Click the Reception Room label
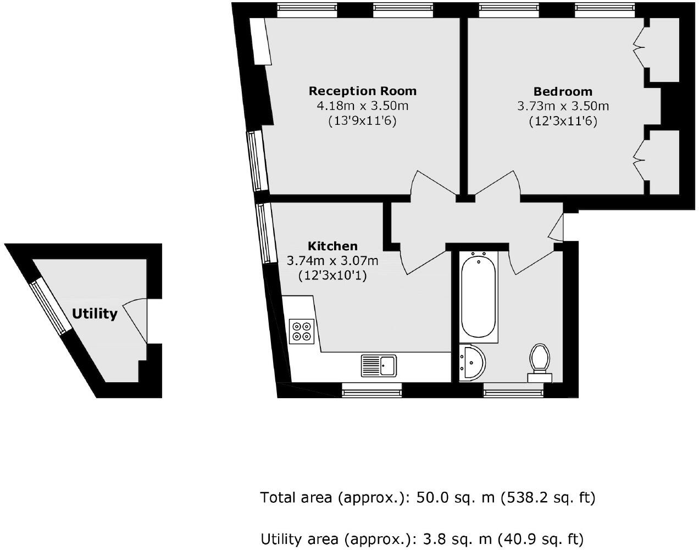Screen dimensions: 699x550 [363, 91]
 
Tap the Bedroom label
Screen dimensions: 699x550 [563, 92]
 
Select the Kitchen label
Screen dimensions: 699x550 [332, 246]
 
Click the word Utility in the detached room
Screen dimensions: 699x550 [95, 314]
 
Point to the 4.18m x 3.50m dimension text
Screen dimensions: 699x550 [363, 106]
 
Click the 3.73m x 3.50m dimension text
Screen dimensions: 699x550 [563, 106]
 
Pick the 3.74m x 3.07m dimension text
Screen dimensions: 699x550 [332, 261]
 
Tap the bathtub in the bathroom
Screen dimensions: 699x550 [479, 296]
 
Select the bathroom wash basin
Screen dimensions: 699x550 [472, 363]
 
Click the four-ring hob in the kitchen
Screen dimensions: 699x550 [302, 331]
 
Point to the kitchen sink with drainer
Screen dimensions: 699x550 [379, 366]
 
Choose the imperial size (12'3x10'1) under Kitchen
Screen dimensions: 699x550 [332, 276]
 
